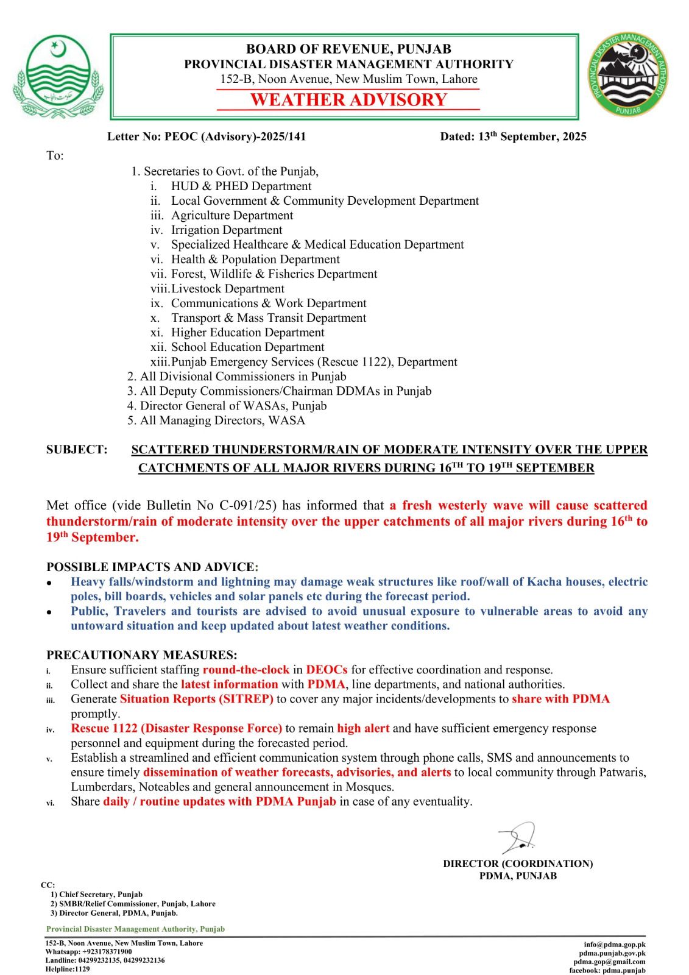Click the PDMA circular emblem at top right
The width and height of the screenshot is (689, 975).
pos(629,76)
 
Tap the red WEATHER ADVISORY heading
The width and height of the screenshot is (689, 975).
pos(348,100)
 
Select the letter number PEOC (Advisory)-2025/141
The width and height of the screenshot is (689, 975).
pos(235,136)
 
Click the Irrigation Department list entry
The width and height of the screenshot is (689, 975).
pos(227,230)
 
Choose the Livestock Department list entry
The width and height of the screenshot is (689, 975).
pos(227,288)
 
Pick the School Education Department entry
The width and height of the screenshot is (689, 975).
pos(247,347)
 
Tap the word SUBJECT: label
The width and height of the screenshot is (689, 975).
pos(77,450)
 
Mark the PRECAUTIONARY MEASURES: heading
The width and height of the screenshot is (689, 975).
pos(142,655)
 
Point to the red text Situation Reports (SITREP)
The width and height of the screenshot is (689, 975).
pos(196,699)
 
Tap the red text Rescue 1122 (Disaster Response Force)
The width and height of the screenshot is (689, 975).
pos(176,728)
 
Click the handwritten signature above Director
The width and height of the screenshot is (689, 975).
pos(517,837)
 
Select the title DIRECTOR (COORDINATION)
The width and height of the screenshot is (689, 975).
pos(518,863)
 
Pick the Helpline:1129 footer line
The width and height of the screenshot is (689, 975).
pos(67,969)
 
